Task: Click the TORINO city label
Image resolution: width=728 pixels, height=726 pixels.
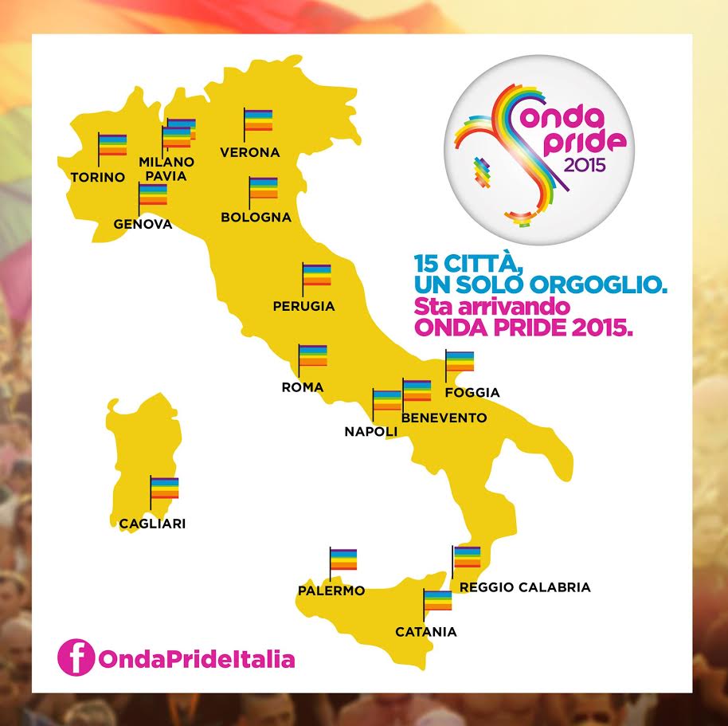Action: coord(97,177)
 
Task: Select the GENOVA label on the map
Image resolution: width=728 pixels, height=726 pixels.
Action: coord(143,224)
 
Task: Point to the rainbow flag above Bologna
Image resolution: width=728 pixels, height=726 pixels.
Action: coord(263,190)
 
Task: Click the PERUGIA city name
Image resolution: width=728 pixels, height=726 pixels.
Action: coord(303,305)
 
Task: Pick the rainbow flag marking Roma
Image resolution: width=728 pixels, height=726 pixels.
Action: coord(312,356)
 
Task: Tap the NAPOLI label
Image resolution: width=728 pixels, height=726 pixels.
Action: coord(370,431)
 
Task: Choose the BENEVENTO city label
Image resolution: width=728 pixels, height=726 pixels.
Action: coord(444,418)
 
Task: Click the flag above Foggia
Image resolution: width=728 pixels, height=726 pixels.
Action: coord(459,362)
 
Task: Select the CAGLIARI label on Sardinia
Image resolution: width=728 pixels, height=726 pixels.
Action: coord(152,524)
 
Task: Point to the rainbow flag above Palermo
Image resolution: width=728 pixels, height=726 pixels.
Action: coord(343,560)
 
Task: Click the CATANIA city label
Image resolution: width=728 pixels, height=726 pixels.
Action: coord(426,632)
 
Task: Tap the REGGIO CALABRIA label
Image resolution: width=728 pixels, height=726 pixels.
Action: coord(525,587)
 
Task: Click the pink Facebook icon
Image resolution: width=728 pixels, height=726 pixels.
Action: coord(76,659)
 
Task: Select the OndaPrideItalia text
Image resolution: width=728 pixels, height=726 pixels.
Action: coord(196,660)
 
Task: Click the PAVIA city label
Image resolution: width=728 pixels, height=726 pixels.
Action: coord(166,175)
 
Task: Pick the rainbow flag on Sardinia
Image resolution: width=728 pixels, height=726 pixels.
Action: coord(164,488)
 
